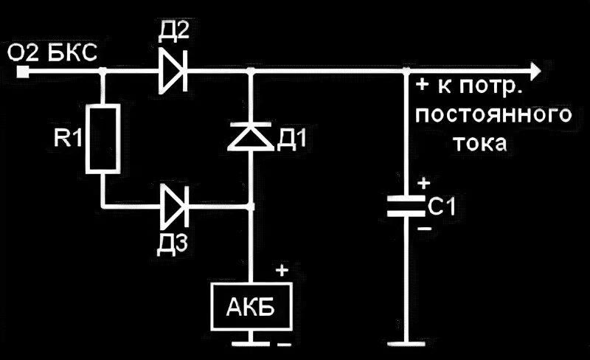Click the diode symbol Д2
click(173, 72)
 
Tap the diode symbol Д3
click(174, 206)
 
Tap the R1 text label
click(68, 139)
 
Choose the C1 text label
click(441, 208)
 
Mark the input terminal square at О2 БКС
click(24, 72)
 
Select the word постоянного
click(493, 116)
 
